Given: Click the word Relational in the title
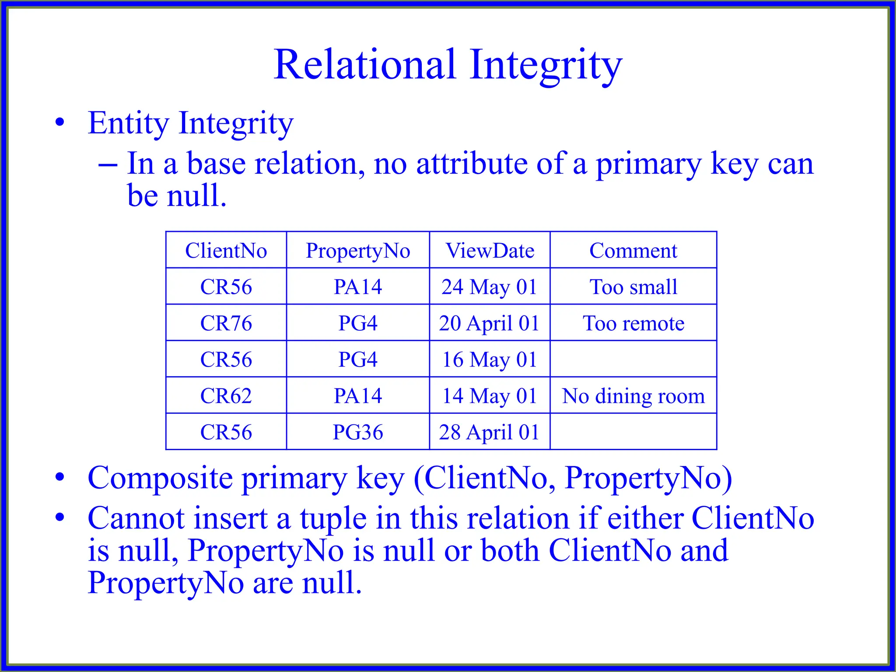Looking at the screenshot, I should point(365,65).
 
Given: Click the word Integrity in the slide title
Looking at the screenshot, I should point(546,65).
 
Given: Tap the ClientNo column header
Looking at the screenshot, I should point(226,251).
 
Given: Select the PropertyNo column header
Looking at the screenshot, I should point(358,251).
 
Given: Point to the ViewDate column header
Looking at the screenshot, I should point(490,251).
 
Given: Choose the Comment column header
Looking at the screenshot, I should point(633,251).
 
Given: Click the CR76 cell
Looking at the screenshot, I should point(226,323).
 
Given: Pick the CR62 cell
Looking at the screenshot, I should point(226,396).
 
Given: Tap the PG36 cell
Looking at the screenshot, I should point(358,432).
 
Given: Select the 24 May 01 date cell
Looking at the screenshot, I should point(489,287).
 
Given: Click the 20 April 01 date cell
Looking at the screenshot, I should point(489,323).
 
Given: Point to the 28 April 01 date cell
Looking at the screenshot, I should point(489,432).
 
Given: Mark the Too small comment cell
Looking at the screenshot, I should point(633,287).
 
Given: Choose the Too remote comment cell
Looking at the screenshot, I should point(633,323).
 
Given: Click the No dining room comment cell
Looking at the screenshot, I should point(633,396).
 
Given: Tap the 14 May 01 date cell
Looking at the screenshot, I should point(489,396).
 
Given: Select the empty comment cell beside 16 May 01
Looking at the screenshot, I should point(633,359).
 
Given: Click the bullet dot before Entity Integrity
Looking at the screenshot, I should point(60,122).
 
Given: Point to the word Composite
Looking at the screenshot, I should point(160,478).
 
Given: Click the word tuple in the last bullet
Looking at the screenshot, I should point(333,519).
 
